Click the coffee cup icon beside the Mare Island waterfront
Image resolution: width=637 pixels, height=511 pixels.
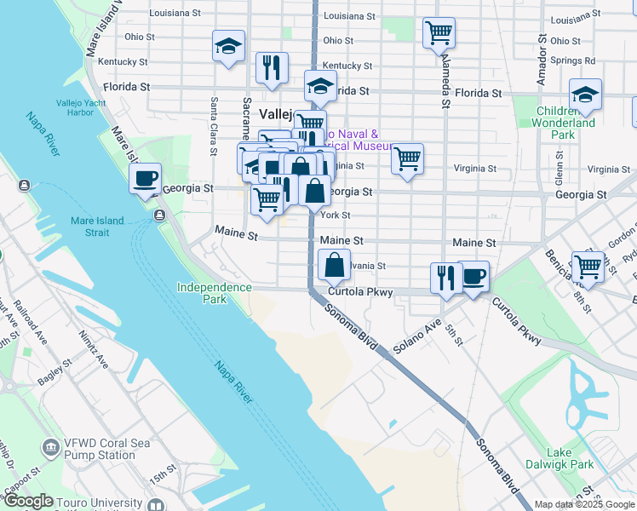tap(145, 179)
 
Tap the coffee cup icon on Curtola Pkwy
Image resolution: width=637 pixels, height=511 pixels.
tap(473, 277)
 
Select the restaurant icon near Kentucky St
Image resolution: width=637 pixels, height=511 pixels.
tap(272, 67)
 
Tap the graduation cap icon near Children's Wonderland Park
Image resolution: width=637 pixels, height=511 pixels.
tap(585, 95)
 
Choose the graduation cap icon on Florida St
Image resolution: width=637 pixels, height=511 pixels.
tap(321, 86)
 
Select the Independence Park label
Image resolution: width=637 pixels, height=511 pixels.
tap(214, 293)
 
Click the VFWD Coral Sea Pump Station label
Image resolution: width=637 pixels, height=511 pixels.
tap(100, 449)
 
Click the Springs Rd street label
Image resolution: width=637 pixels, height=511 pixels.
tap(572, 60)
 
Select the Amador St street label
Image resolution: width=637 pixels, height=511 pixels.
tap(541, 61)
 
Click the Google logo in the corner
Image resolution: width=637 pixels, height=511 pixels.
tap(27, 502)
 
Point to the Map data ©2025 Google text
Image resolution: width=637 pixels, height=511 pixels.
tap(585, 504)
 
